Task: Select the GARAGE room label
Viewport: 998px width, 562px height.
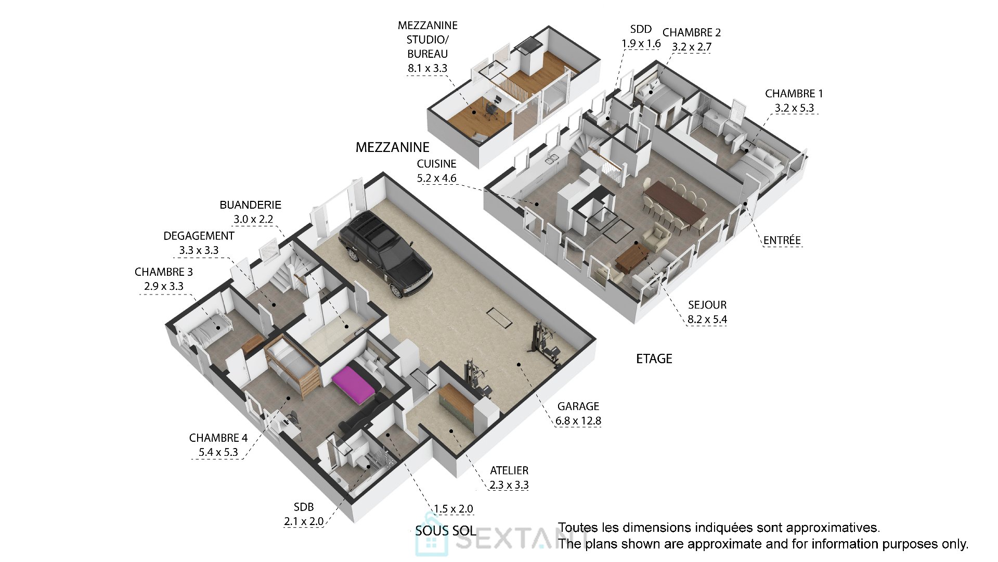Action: [x=578, y=406]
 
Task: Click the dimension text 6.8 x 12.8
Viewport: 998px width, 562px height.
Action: [x=578, y=420]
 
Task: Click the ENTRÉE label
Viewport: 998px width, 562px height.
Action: [x=782, y=240]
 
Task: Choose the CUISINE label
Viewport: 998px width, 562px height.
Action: [x=436, y=164]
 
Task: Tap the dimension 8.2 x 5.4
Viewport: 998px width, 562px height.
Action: [x=707, y=320]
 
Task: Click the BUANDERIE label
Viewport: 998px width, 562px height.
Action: [x=250, y=205]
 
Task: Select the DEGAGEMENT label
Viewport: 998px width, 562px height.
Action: [x=199, y=236]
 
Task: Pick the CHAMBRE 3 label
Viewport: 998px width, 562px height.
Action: [x=163, y=272]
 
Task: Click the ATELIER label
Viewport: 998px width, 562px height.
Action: [x=509, y=470]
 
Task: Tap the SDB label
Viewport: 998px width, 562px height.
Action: [x=304, y=507]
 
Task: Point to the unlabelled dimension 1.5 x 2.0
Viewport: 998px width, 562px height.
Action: [x=453, y=509]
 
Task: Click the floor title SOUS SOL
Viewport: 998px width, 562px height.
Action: [x=446, y=531]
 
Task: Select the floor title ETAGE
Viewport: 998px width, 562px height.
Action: [x=654, y=359]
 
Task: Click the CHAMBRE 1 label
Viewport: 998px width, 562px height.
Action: [x=794, y=94]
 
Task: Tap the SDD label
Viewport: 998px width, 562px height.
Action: [x=641, y=29]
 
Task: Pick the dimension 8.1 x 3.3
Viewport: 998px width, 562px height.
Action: [x=427, y=68]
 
